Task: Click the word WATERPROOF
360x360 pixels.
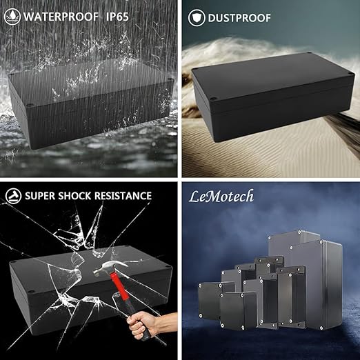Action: coord(61,17)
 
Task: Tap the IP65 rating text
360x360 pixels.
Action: coord(117,17)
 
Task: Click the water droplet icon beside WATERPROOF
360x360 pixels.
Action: coord(12,17)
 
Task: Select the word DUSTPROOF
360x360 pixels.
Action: coord(239,18)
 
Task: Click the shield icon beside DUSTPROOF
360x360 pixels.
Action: coord(197,18)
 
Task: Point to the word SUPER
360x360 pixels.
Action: coord(39,196)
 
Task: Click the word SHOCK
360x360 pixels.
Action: coord(74,196)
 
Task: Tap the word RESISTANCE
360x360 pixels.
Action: coord(123,196)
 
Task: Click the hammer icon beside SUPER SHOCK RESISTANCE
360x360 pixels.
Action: coord(13,196)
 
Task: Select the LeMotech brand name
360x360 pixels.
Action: coord(221,197)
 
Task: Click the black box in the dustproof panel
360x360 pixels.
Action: coord(272,97)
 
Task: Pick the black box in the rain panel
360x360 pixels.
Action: coord(91,103)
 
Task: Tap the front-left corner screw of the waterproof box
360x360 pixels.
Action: coord(29,106)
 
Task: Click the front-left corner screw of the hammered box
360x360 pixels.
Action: coord(30,292)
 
